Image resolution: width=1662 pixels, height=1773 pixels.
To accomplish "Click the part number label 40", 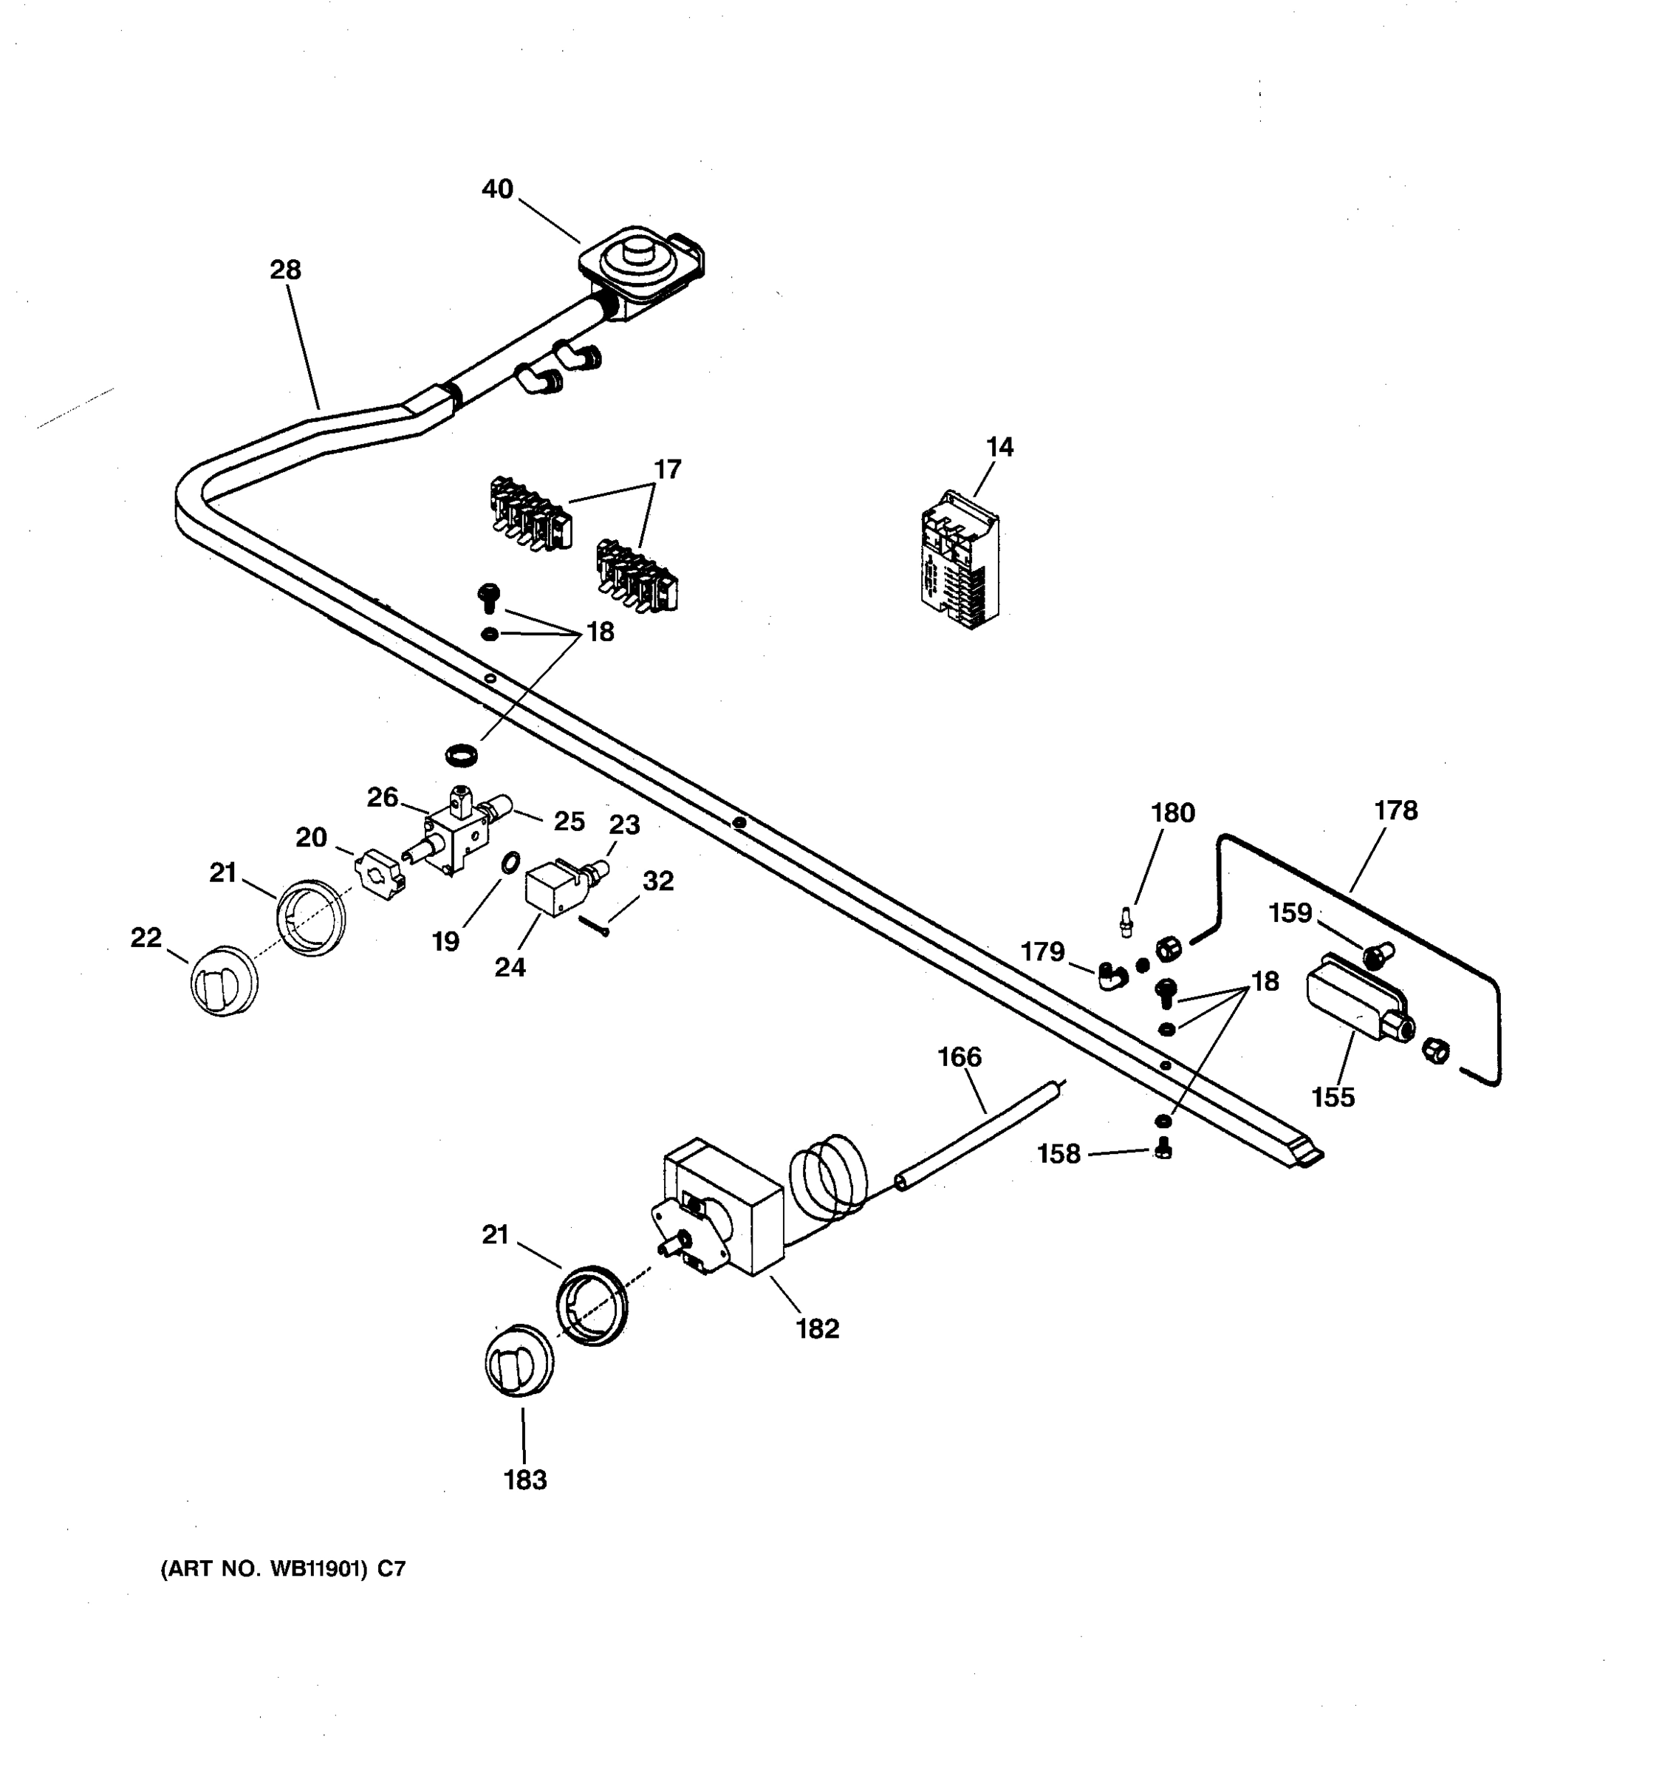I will tap(498, 189).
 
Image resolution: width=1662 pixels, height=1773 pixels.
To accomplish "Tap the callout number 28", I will tap(285, 270).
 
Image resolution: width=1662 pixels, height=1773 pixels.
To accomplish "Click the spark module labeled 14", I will tap(960, 560).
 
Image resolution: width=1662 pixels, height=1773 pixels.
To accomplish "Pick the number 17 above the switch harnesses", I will tap(667, 469).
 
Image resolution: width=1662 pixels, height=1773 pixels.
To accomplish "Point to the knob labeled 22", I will tap(224, 982).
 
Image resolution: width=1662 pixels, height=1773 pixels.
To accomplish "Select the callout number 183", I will tap(524, 1480).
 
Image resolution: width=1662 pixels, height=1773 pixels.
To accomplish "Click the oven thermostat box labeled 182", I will tap(724, 1208).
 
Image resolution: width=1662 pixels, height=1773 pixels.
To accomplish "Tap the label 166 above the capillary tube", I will tap(959, 1057).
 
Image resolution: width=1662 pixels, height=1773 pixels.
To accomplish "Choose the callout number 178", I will tap(1395, 810).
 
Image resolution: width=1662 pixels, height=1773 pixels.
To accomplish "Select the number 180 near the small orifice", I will tap(1172, 813).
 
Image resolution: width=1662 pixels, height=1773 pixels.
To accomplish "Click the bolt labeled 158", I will tap(1162, 1149).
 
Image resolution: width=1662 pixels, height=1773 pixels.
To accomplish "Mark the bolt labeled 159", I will tap(1378, 956).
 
